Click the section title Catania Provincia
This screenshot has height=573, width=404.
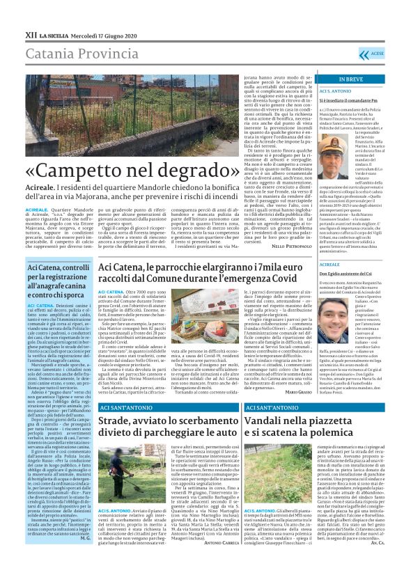[x=76, y=52]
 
